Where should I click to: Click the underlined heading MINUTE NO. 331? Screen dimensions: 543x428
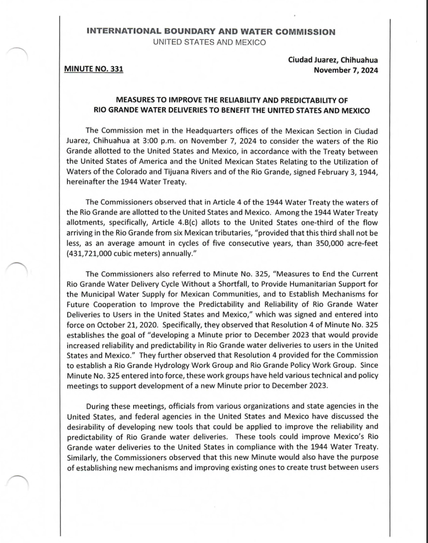(x=93, y=69)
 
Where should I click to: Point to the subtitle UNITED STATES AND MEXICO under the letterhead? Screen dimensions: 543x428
(x=209, y=42)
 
